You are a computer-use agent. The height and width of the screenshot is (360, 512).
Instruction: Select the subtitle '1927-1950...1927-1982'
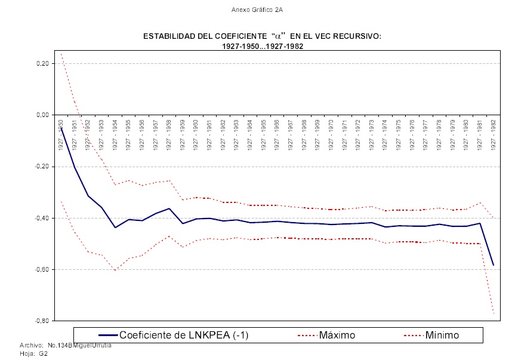point(263,45)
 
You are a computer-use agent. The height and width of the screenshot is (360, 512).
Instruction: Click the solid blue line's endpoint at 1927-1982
point(494,265)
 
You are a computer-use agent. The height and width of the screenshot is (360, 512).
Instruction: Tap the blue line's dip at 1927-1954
point(115,227)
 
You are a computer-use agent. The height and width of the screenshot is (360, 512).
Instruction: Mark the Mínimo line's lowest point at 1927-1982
point(494,313)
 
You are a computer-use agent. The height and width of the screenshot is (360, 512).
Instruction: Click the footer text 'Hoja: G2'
point(33,353)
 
